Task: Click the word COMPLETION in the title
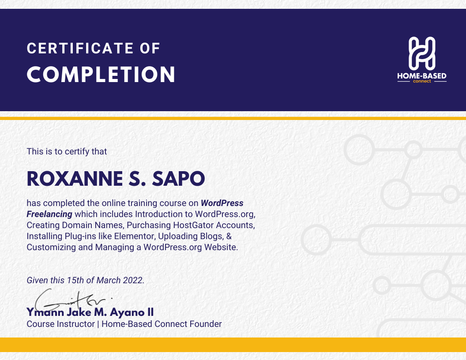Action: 101,75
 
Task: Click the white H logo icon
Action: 422,52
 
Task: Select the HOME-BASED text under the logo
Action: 422,76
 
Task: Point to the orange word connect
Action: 422,82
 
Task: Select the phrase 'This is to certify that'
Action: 67,151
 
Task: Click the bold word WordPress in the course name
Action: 222,203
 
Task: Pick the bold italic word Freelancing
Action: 49,214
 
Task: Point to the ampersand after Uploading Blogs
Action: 229,236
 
